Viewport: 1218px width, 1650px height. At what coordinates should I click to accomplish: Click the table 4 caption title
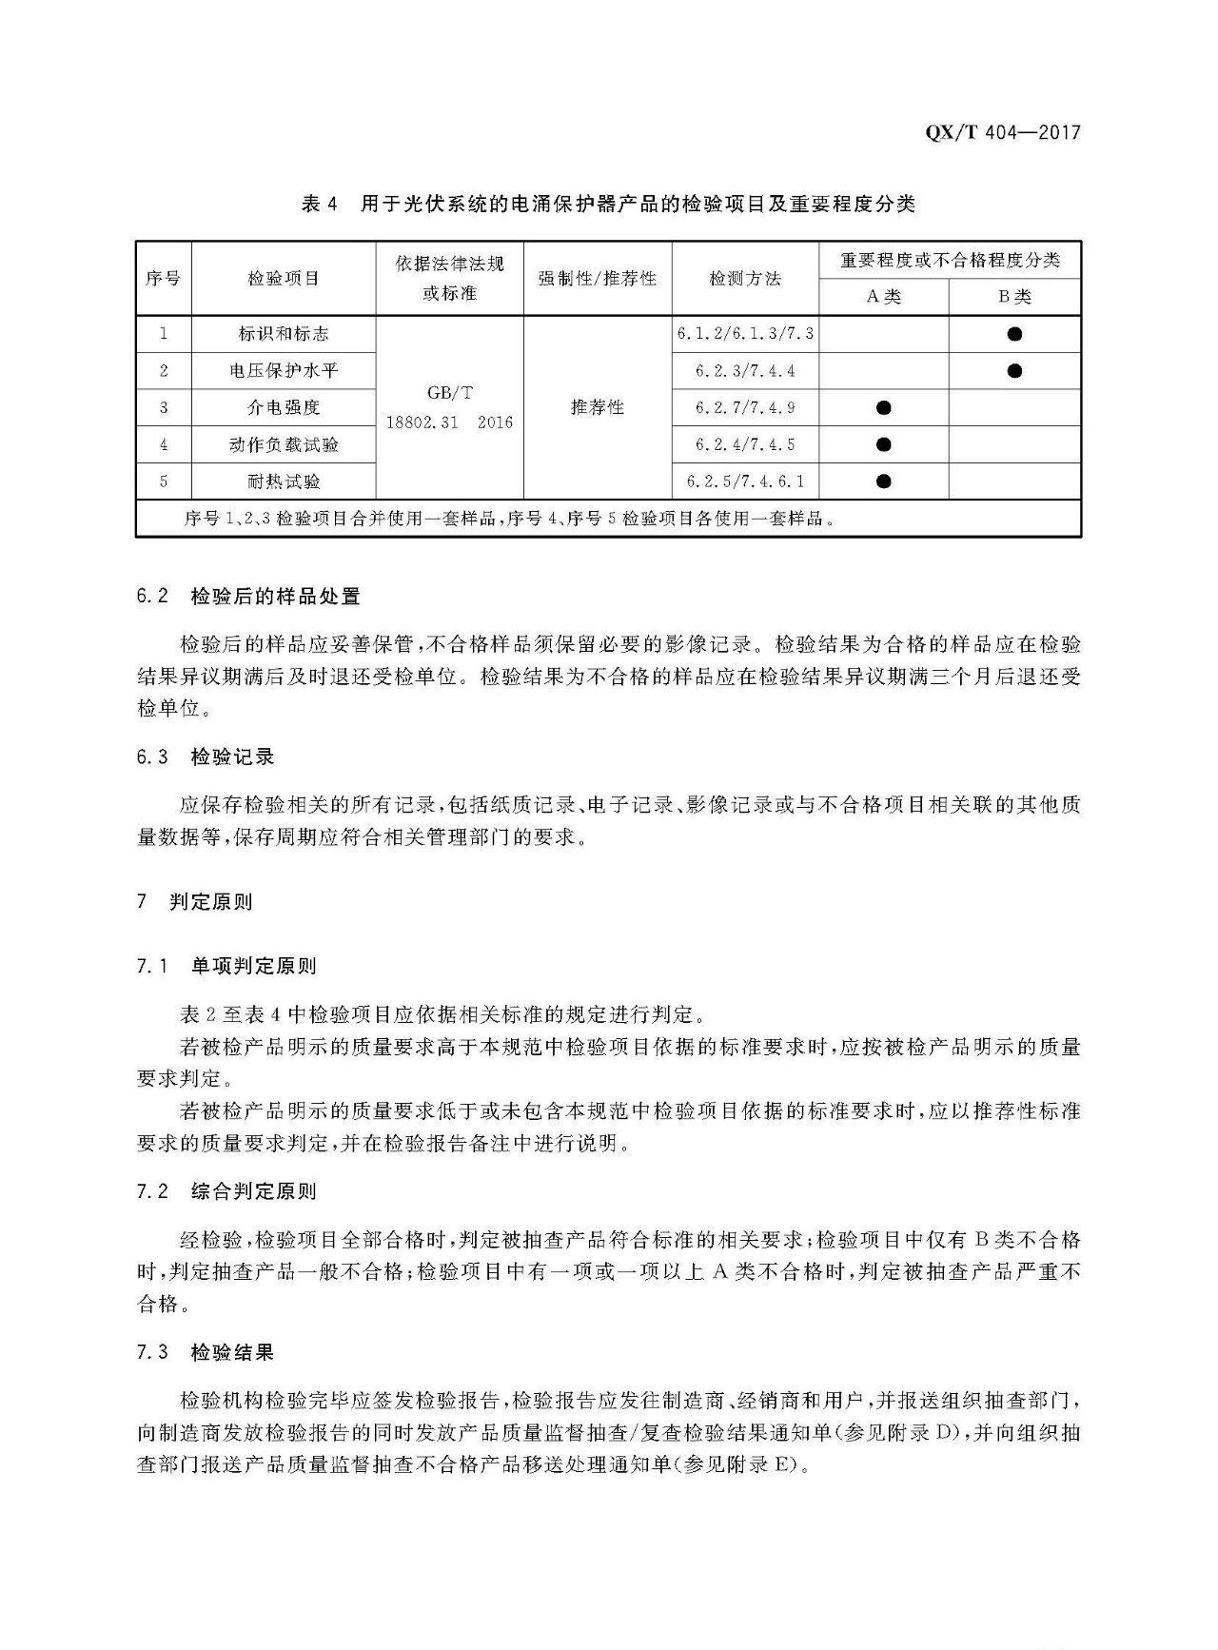tap(608, 204)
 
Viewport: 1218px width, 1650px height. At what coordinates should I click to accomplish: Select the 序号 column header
tap(163, 278)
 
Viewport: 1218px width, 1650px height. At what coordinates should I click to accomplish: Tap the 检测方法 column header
tap(745, 278)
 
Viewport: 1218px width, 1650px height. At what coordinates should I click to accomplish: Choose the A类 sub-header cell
tap(883, 297)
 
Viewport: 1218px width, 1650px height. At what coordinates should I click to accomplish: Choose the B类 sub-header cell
tap(1014, 297)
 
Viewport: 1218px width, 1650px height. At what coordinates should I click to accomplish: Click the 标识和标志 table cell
tap(284, 334)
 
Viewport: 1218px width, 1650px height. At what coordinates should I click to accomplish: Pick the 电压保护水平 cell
tap(284, 371)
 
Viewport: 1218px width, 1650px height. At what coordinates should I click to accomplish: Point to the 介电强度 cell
tap(284, 407)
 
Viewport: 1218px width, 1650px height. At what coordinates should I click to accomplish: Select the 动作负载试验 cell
tap(284, 444)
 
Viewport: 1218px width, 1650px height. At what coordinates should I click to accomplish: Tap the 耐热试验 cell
tap(284, 481)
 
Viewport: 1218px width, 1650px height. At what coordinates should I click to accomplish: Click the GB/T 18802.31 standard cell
tap(449, 407)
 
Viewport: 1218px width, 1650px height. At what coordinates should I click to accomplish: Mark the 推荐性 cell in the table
tap(598, 407)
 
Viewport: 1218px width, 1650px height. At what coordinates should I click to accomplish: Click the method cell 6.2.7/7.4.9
tap(745, 408)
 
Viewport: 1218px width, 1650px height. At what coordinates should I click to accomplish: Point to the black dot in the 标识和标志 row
tap(1014, 334)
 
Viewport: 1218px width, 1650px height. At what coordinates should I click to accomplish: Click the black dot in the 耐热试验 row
tap(883, 481)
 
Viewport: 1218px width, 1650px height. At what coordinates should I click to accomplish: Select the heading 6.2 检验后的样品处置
tap(248, 597)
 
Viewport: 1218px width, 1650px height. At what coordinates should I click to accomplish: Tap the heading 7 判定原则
tap(195, 901)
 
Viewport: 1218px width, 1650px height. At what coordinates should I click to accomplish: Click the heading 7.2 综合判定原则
tap(226, 1191)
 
